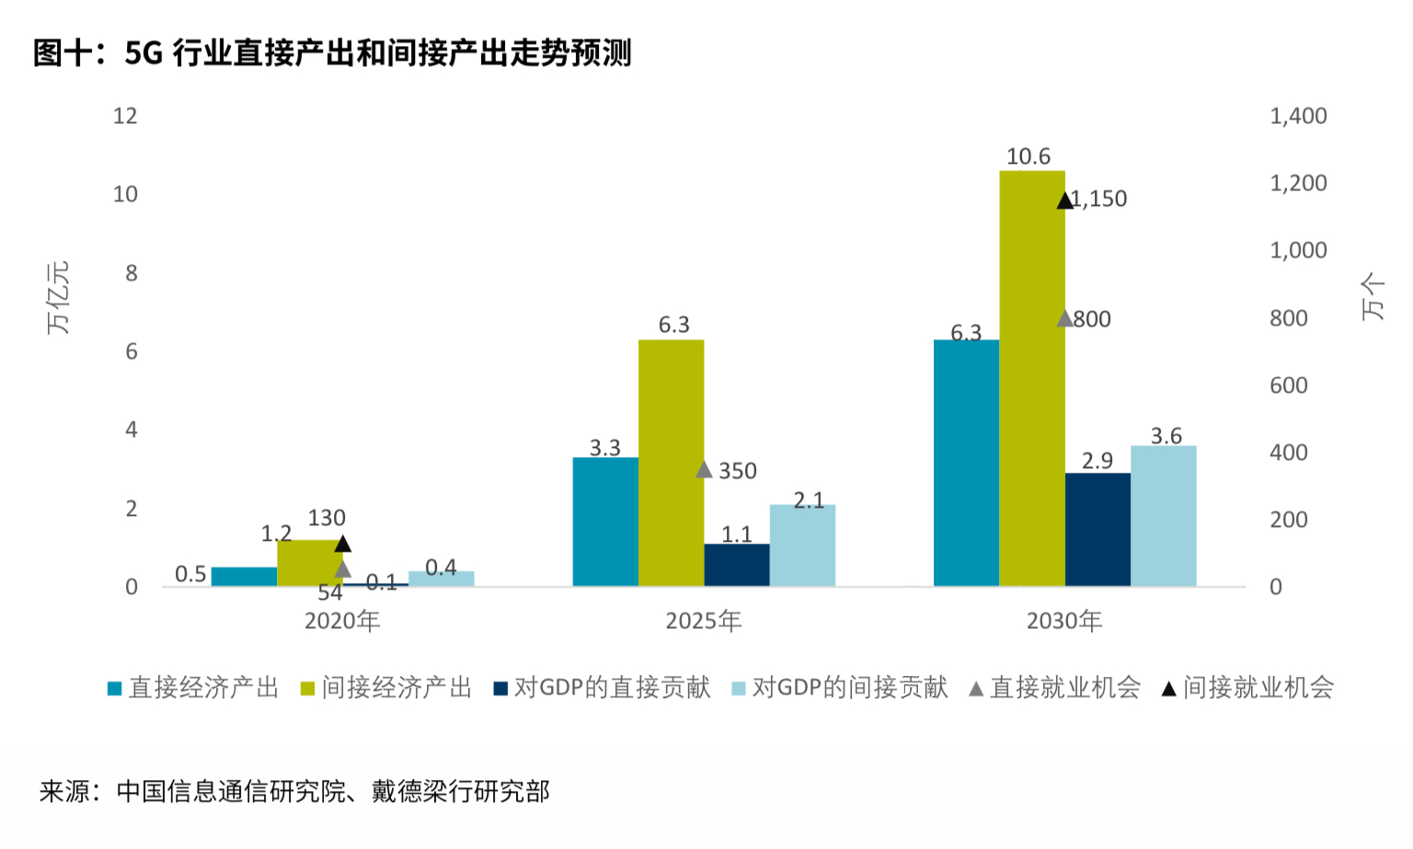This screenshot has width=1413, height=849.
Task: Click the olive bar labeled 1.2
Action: click(309, 563)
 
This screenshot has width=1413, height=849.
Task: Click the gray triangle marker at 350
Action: click(704, 470)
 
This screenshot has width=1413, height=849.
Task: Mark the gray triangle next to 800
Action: click(1064, 319)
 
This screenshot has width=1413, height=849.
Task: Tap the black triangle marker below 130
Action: click(343, 544)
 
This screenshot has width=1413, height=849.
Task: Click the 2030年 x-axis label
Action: click(1064, 621)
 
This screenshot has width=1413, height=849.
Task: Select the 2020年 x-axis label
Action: click(342, 621)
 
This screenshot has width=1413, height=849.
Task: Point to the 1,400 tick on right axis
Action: click(1298, 116)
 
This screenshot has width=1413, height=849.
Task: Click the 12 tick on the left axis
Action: click(125, 116)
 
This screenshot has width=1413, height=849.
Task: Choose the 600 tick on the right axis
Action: click(1288, 385)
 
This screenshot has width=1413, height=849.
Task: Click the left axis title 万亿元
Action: click(58, 297)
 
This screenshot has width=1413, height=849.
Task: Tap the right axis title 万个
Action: click(1373, 296)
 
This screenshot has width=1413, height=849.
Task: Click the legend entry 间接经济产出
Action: click(396, 687)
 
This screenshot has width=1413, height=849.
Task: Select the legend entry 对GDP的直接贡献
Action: click(612, 687)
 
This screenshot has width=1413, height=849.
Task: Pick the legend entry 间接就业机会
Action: click(1258, 687)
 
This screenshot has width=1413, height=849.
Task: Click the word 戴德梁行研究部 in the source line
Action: click(460, 791)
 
